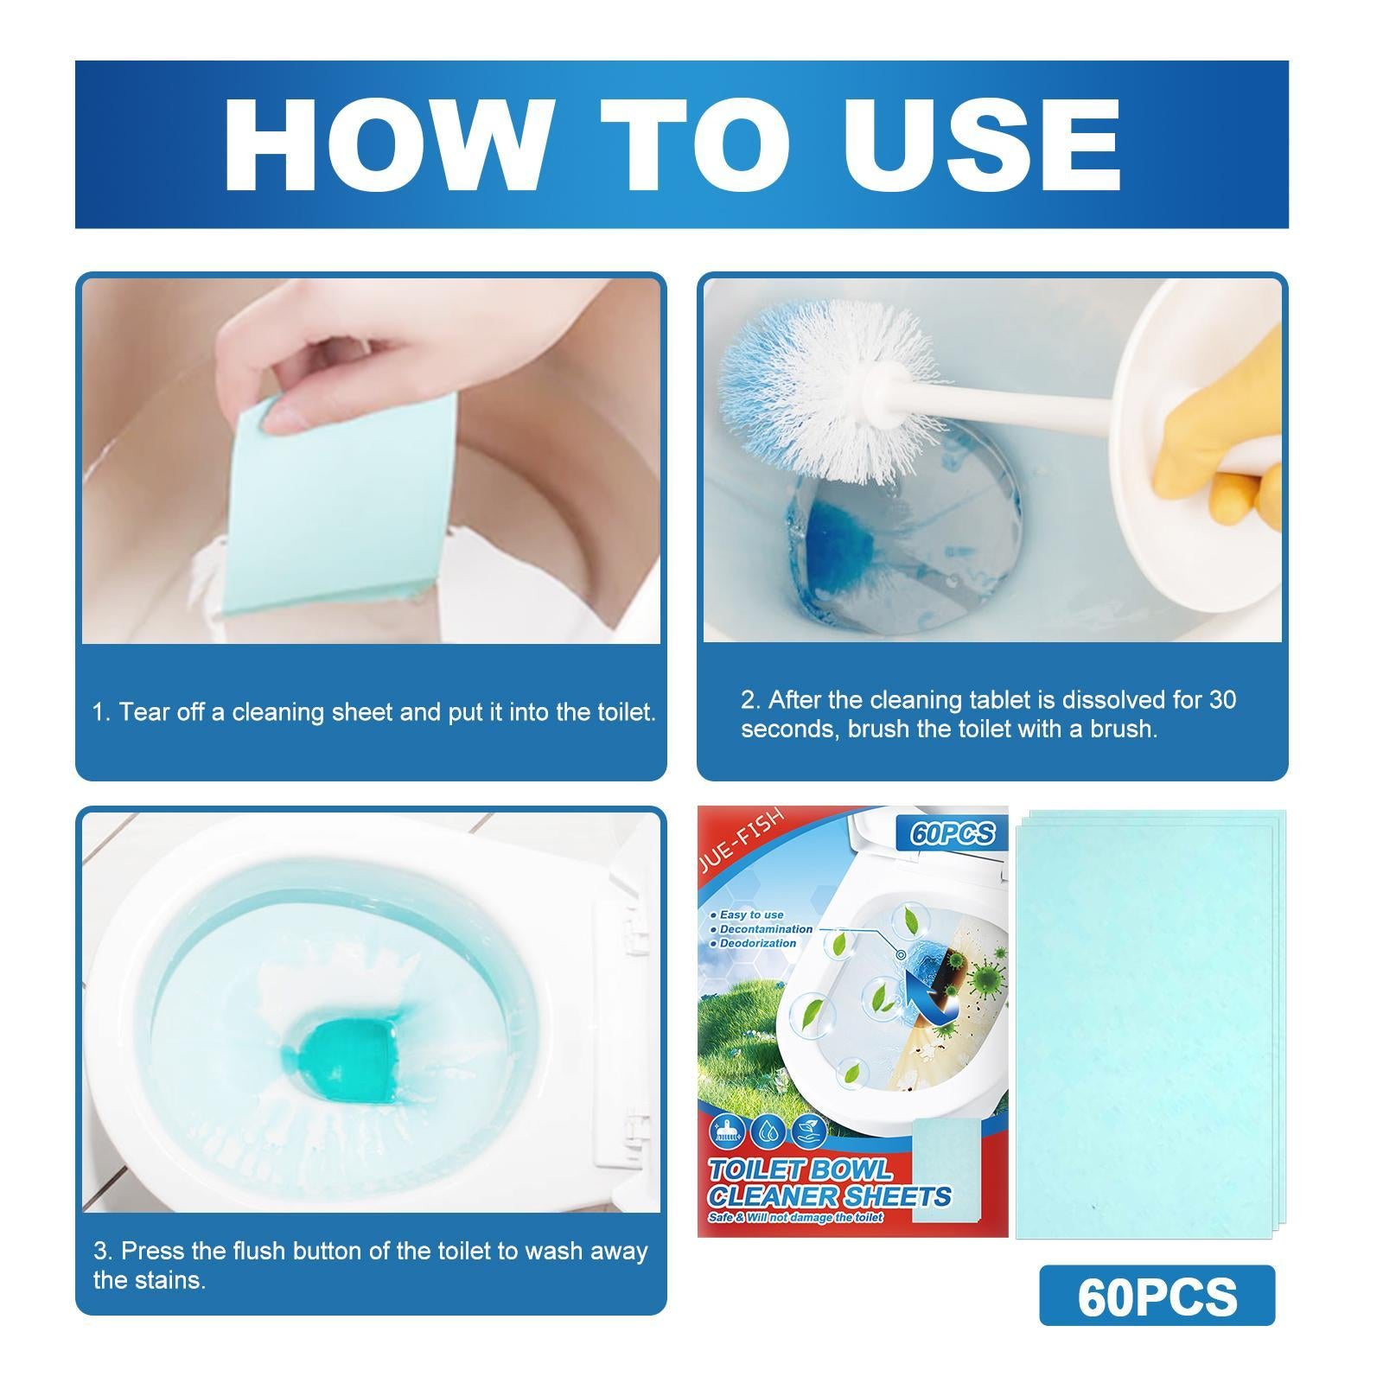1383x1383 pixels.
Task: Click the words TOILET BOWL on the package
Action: coord(800,1170)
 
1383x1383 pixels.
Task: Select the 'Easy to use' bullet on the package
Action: coord(750,915)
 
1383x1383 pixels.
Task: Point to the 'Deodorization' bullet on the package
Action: coord(757,943)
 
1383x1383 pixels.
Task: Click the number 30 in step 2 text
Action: coord(1222,699)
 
